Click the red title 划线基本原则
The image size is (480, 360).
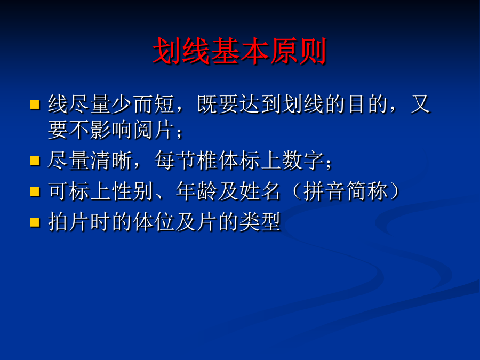point(239,51)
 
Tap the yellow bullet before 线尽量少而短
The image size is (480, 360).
point(35,105)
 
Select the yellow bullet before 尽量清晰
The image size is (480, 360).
point(35,161)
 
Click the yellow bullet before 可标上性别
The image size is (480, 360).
point(35,191)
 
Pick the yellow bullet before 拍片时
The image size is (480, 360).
point(35,222)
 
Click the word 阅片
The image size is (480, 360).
point(154,130)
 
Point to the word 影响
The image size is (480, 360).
point(111,130)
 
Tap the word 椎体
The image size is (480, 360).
point(218,161)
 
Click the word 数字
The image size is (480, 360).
point(303,161)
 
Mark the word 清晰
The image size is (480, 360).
point(111,161)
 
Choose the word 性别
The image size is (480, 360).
point(133,191)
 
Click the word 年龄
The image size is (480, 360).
point(196,191)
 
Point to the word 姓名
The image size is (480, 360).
point(260,191)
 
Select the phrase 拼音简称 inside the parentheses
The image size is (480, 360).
point(346,191)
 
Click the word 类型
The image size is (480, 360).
point(260,222)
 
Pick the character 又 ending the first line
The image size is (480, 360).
point(421,105)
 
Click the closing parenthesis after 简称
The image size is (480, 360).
point(395,191)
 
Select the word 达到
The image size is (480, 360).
point(260,105)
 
